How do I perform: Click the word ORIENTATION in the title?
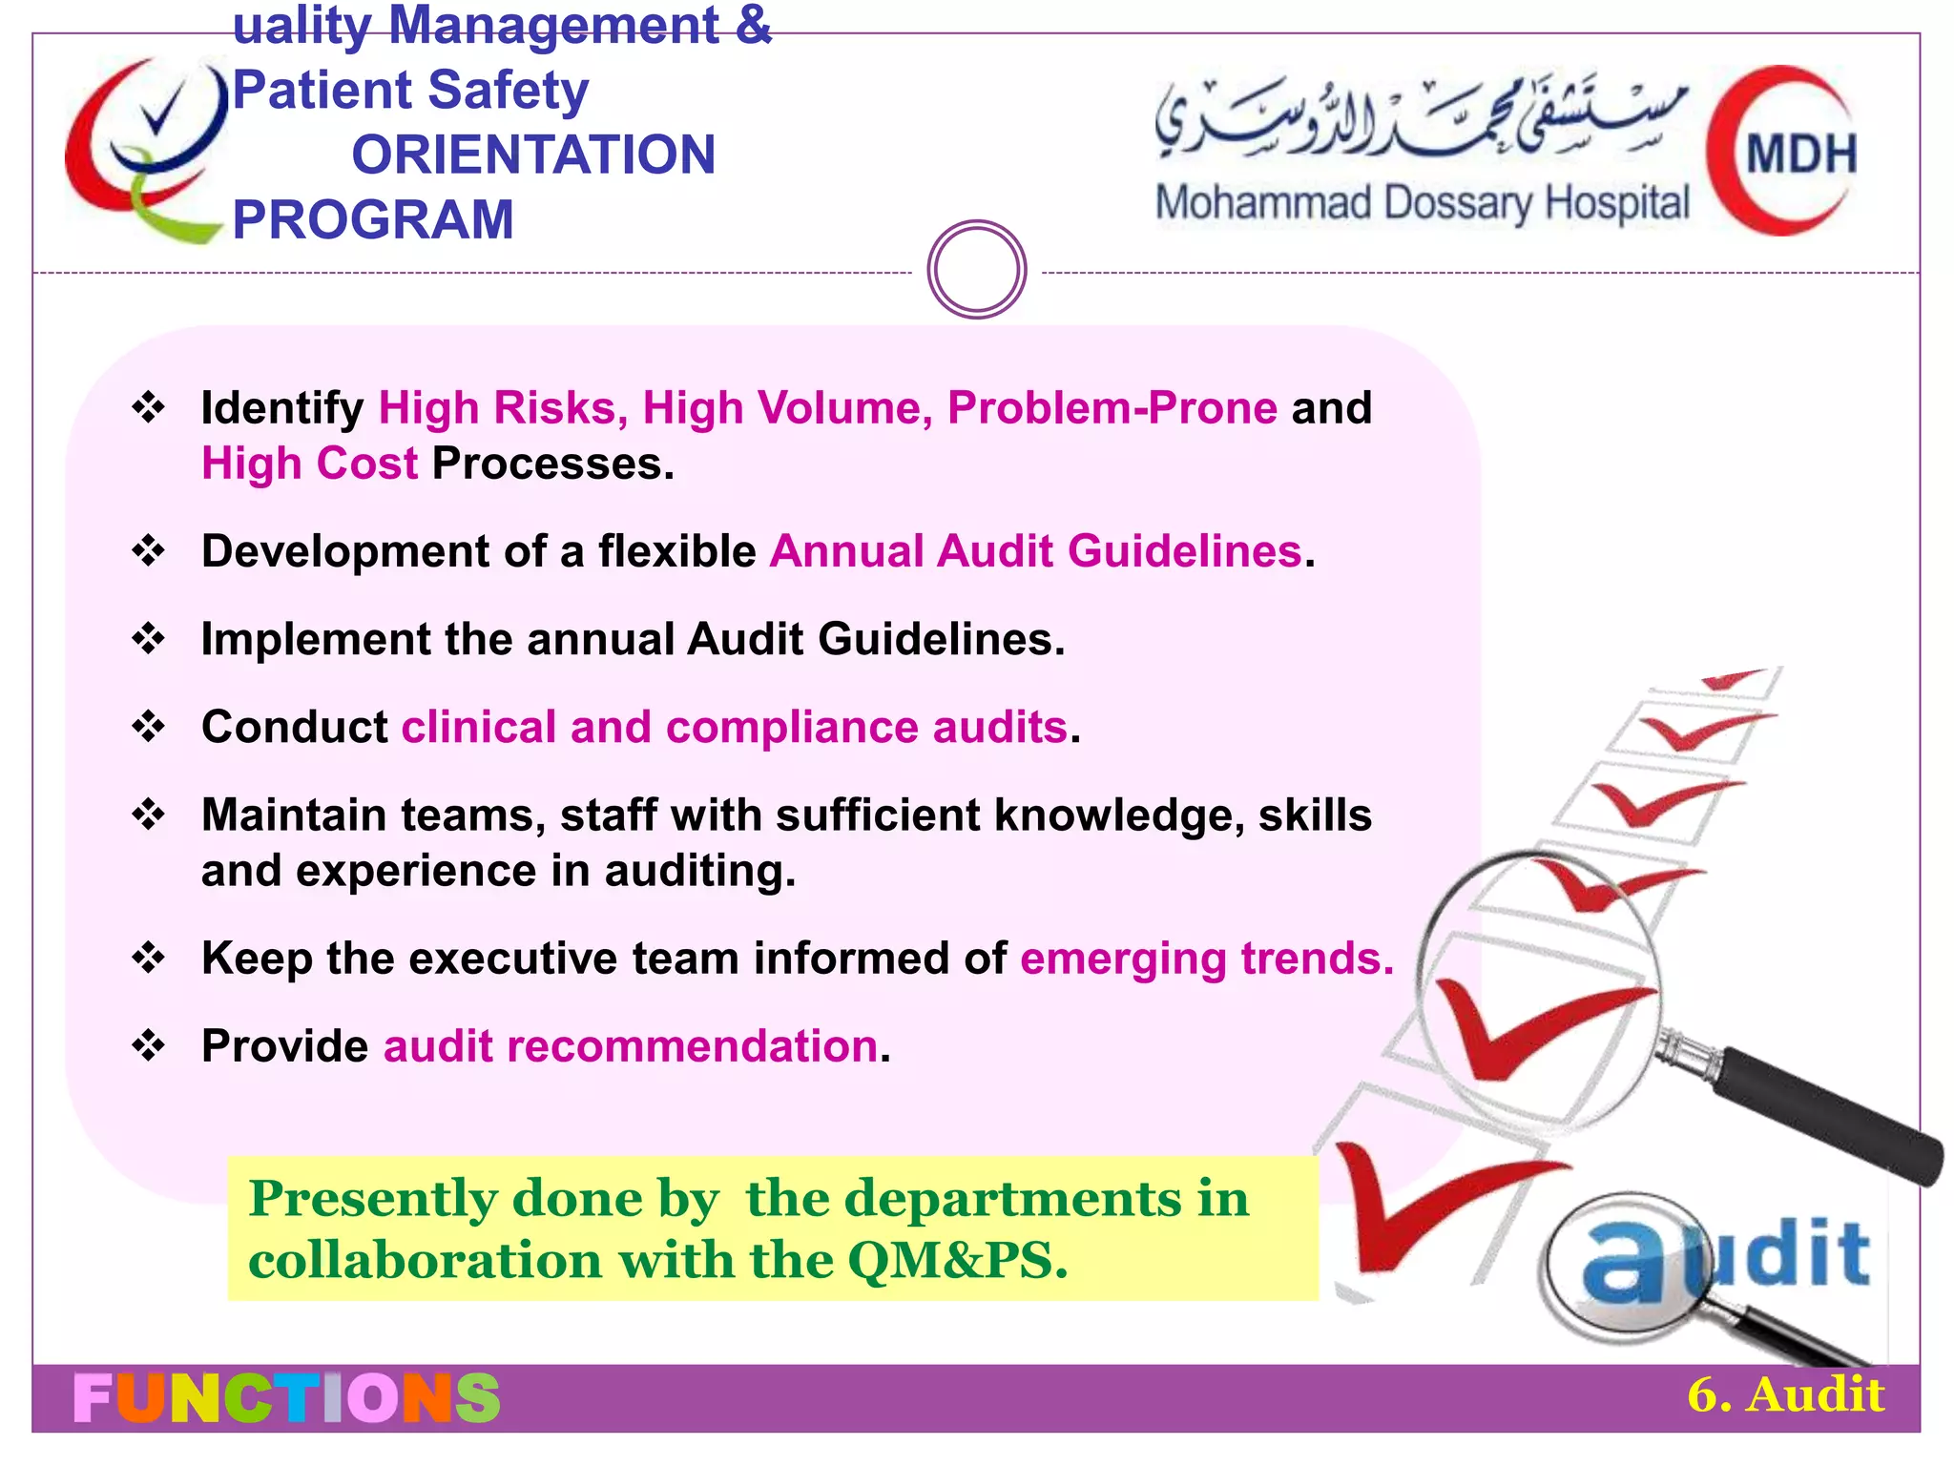coord(533,155)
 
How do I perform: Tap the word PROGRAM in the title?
coord(373,219)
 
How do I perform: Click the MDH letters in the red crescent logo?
coord(1800,155)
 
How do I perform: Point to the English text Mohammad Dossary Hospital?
coord(1422,204)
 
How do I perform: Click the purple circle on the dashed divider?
coord(976,270)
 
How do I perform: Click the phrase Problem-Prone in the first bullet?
coord(1112,408)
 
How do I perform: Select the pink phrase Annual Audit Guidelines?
coord(1036,551)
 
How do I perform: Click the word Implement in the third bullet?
coord(316,639)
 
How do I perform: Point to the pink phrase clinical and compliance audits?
coord(734,728)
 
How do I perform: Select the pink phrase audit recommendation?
coord(631,1046)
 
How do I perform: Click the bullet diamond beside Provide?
coord(149,1046)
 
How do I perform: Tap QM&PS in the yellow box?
coord(957,1261)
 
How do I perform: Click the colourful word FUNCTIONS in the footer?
coord(286,1398)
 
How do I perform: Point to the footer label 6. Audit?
coord(1785,1395)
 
